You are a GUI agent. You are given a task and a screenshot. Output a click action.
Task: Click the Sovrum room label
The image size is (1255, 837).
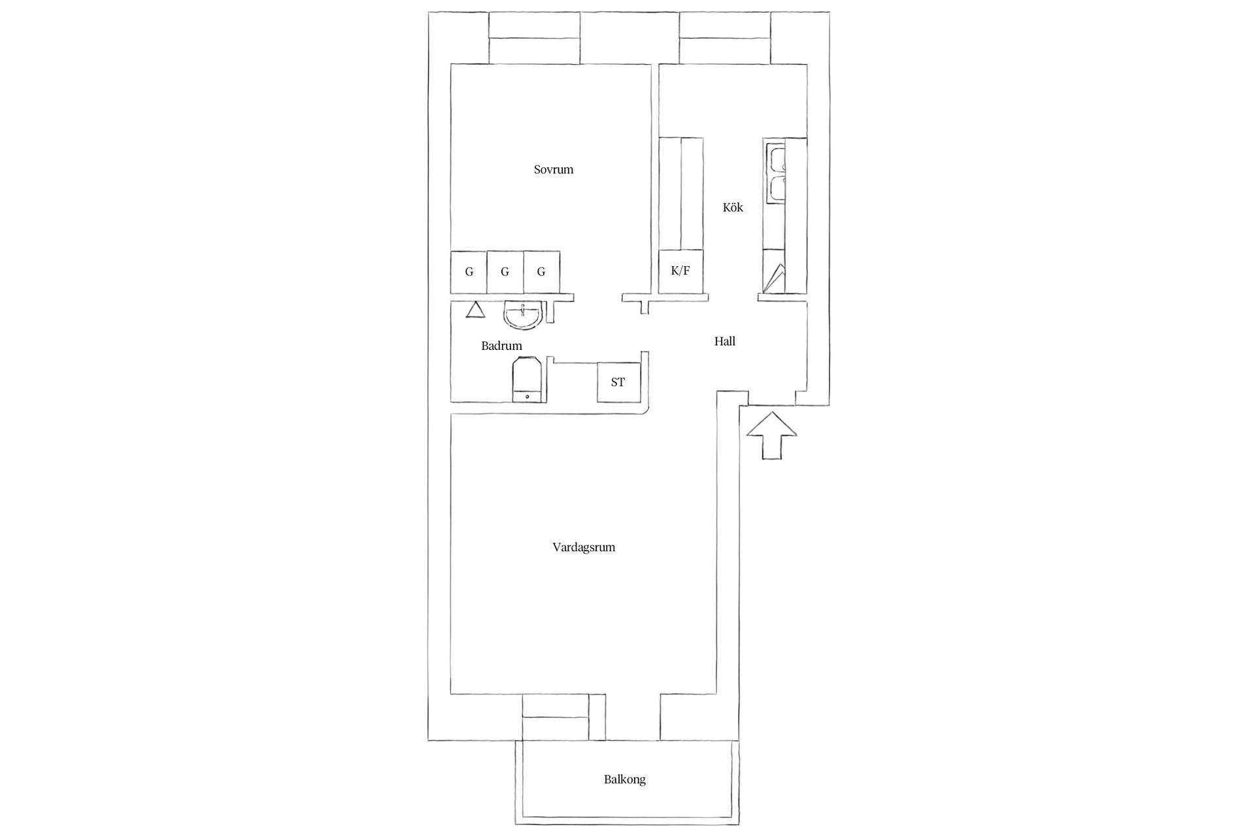tap(554, 170)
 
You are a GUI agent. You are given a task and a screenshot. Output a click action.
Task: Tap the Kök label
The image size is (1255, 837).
tap(733, 207)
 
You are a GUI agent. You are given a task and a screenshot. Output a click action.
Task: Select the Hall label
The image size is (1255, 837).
tap(725, 341)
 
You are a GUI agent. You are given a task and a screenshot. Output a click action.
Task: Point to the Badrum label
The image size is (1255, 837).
tap(501, 346)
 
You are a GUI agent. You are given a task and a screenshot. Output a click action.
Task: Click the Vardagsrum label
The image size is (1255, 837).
tap(584, 547)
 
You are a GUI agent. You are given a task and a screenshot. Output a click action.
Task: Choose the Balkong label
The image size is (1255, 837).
tap(625, 779)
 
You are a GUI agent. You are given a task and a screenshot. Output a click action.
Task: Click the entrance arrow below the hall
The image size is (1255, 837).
tap(772, 436)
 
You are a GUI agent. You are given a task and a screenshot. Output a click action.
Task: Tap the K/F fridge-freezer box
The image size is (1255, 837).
tap(680, 271)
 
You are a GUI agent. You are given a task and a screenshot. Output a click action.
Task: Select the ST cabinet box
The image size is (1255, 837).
tap(618, 383)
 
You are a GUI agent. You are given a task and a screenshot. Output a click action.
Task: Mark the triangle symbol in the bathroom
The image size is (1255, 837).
tap(475, 309)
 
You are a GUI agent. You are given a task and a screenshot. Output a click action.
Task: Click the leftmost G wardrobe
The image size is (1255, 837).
tap(469, 272)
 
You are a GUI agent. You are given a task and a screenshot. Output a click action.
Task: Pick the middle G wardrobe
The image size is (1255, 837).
tap(505, 272)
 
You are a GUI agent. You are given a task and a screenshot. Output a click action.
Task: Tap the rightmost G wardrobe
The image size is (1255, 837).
tap(541, 272)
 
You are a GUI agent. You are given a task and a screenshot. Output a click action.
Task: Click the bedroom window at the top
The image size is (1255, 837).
tap(535, 38)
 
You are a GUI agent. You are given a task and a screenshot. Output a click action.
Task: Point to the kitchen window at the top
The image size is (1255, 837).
tap(725, 38)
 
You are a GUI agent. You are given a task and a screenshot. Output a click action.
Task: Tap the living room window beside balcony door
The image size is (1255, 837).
tap(556, 717)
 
